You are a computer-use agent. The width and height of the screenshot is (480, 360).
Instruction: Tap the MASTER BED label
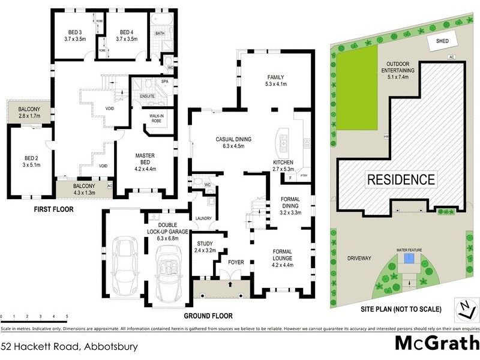point(145,159)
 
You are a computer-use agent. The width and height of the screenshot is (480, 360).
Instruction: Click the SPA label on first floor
point(164,82)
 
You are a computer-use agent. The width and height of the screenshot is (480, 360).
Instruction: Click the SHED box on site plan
point(442,40)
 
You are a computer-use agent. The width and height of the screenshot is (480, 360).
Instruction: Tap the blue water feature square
point(410,259)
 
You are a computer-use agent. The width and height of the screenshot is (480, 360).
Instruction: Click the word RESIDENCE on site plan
point(401,179)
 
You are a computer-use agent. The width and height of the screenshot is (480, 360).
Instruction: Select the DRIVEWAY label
point(359,258)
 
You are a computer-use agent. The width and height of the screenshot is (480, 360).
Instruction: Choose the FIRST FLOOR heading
point(53,210)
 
